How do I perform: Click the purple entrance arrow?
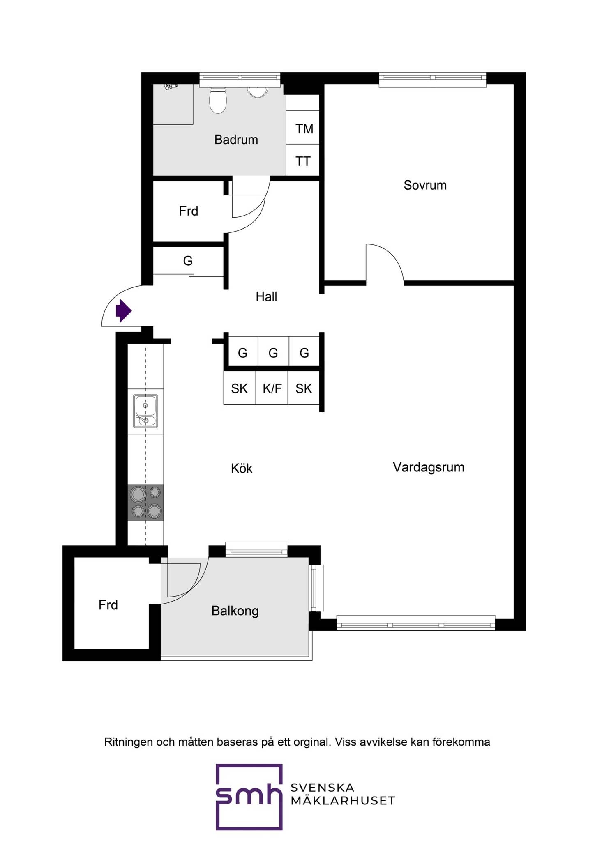pyautogui.click(x=124, y=311)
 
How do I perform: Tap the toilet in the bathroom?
pyautogui.click(x=218, y=100)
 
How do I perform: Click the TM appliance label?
pyautogui.click(x=304, y=129)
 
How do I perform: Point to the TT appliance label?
pyautogui.click(x=303, y=161)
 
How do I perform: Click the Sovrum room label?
pyautogui.click(x=425, y=185)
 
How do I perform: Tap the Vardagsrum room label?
pyautogui.click(x=429, y=467)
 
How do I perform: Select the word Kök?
pyautogui.click(x=242, y=468)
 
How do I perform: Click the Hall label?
pyautogui.click(x=266, y=296)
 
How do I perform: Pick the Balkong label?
pyautogui.click(x=235, y=611)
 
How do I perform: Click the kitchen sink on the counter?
pyautogui.click(x=145, y=411)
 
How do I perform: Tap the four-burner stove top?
pyautogui.click(x=145, y=503)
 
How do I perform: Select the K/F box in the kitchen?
pyautogui.click(x=272, y=388)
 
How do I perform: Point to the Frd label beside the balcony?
pyautogui.click(x=108, y=605)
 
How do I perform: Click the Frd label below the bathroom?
pyautogui.click(x=189, y=211)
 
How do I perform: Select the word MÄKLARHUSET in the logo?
pyautogui.click(x=343, y=801)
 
